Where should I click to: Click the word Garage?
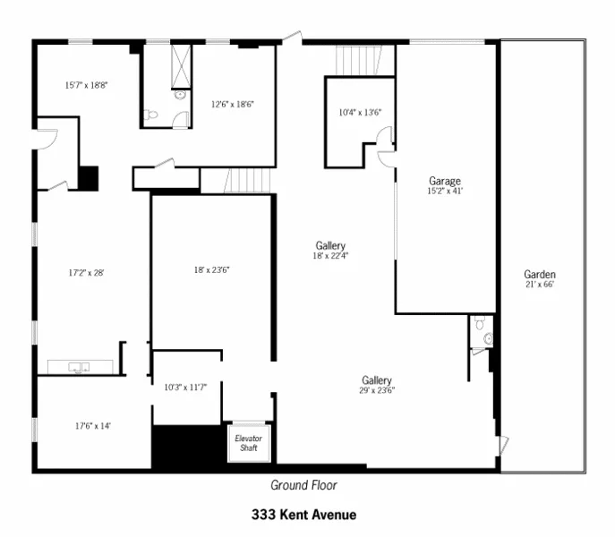point(445,181)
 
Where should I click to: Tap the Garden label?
point(540,274)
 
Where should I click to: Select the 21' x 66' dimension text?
point(540,285)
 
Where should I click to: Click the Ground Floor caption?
point(303,485)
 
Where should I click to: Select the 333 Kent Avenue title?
point(303,515)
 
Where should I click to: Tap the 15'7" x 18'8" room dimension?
point(86,86)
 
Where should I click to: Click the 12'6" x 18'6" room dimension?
point(232,104)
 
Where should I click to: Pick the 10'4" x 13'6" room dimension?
point(360,113)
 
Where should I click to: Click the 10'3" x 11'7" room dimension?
point(185,387)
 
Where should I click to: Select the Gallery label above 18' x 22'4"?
point(330,245)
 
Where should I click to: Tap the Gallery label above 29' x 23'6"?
point(377,379)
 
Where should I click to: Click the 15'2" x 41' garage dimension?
point(445,191)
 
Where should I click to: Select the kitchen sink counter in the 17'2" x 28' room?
point(81,367)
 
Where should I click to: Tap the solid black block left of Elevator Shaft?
point(186,447)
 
